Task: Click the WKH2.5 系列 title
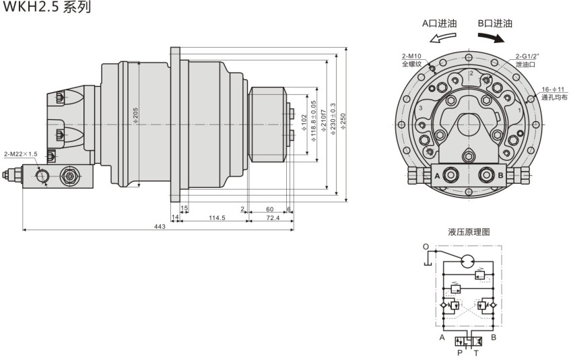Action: click(x=46, y=8)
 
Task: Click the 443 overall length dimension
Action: click(x=160, y=226)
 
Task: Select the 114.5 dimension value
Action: click(x=215, y=217)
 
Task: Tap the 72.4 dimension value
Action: click(x=272, y=217)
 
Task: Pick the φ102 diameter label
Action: click(x=304, y=122)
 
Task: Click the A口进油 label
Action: click(x=439, y=23)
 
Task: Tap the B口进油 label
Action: click(x=495, y=23)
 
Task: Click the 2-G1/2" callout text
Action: click(x=526, y=57)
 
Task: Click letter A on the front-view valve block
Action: click(x=438, y=176)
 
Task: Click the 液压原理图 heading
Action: click(x=469, y=231)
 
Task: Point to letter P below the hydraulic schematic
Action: click(x=460, y=352)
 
